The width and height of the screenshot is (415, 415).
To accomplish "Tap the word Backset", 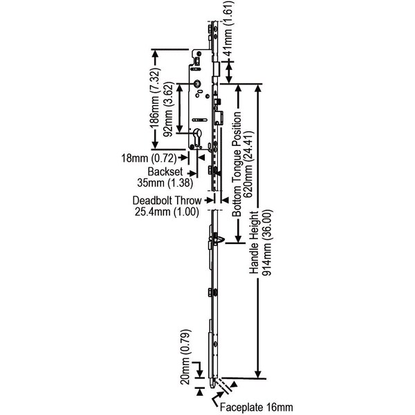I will (x=165, y=172).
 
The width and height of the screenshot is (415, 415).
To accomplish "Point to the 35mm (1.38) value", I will (x=165, y=184).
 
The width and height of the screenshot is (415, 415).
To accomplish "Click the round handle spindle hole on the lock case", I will (x=199, y=84).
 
